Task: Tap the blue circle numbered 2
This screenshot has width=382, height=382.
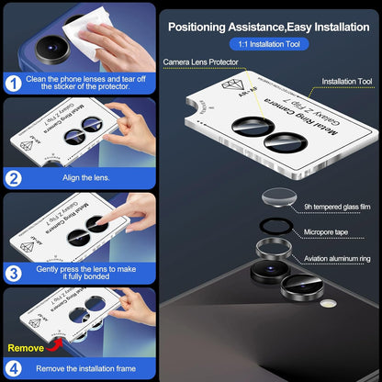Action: point(15,178)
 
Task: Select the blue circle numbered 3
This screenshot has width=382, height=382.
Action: point(15,274)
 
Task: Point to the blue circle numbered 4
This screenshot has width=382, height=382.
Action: point(15,368)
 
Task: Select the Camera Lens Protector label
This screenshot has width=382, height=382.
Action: point(200,62)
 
